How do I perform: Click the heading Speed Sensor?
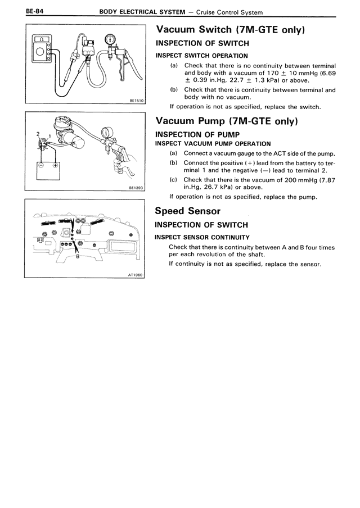pos(187,211)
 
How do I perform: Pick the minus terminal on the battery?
pos(40,166)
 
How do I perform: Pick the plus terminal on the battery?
pos(55,166)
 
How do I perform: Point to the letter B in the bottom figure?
pos(77,257)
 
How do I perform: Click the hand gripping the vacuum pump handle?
pos(118,163)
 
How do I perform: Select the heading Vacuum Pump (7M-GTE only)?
pos(226,121)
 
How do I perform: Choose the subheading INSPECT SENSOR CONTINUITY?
pos(202,237)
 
